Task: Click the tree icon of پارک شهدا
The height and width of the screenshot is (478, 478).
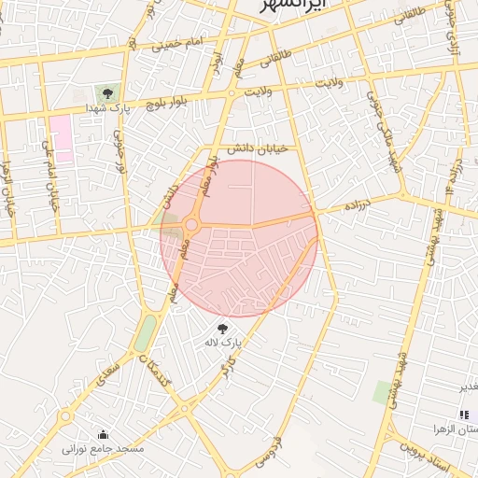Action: tap(107, 93)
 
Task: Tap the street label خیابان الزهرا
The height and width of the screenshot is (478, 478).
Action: tap(9, 187)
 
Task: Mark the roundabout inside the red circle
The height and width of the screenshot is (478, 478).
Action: tap(192, 225)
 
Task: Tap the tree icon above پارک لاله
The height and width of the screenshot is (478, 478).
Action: tap(222, 329)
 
